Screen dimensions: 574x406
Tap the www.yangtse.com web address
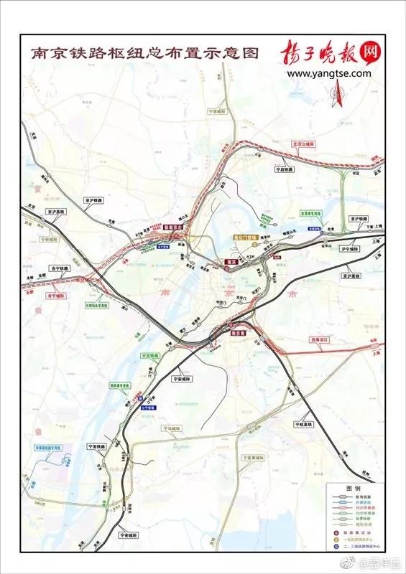coord(329,73)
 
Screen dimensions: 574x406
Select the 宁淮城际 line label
coord(216,112)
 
